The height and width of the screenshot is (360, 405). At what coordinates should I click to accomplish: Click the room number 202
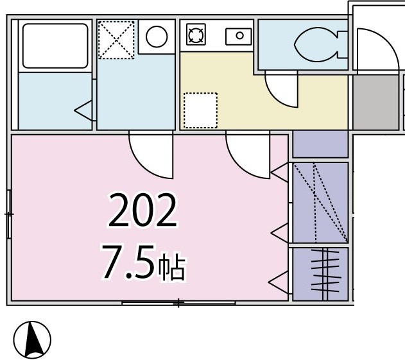tap(142, 212)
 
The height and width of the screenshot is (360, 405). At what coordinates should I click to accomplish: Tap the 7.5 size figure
tap(126, 264)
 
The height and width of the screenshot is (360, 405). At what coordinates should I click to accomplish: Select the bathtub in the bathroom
tap(55, 46)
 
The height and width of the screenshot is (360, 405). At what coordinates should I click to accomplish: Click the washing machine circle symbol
tap(156, 37)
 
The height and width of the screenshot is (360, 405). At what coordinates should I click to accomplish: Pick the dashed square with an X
tap(116, 39)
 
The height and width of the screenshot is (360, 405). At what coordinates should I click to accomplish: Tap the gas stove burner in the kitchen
tap(195, 35)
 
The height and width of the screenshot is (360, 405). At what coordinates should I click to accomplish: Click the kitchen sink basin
tap(239, 36)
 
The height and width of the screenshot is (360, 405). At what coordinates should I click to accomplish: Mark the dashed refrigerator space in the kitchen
tap(200, 110)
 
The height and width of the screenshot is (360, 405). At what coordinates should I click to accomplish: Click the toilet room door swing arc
tap(282, 90)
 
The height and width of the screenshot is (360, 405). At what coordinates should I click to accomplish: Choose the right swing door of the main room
tap(248, 155)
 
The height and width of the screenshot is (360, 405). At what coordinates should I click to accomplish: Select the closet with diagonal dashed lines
tap(320, 202)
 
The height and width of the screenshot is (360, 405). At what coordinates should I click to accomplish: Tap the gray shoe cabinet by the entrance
tap(375, 103)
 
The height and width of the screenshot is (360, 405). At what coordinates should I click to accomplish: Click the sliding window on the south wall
tap(178, 302)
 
